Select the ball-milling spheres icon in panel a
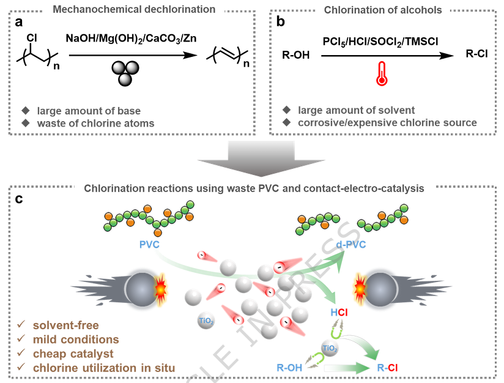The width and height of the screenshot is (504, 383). click(x=126, y=72)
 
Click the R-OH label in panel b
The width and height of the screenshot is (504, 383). click(x=296, y=56)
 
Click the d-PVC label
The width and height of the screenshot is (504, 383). click(x=351, y=245)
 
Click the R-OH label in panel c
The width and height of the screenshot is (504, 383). click(x=289, y=368)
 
